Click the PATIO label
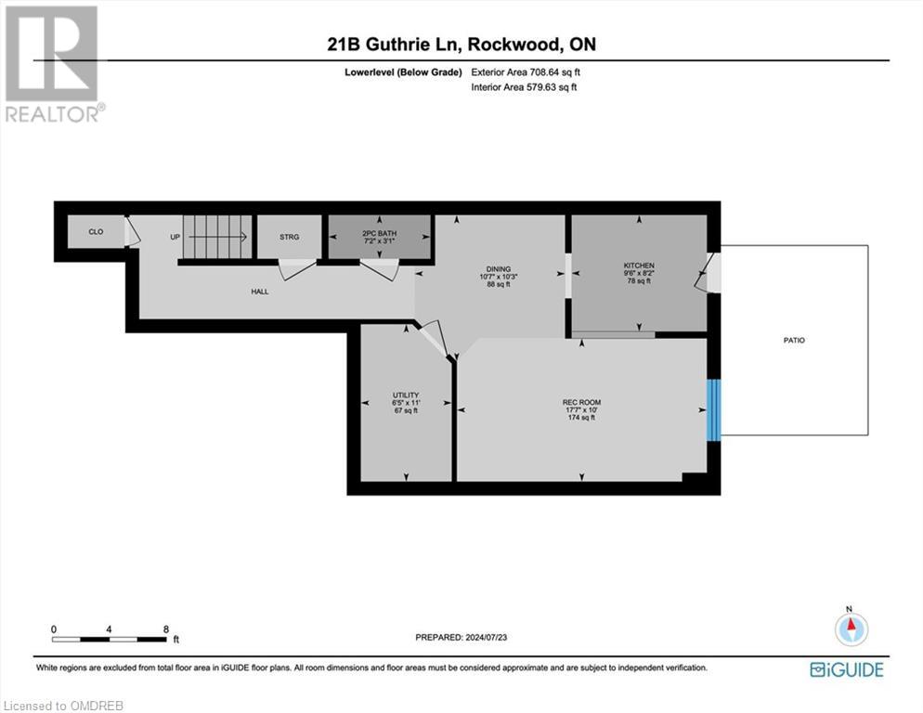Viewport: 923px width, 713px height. pos(793,341)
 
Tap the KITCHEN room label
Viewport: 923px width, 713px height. pos(639,266)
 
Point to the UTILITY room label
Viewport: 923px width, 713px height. pos(406,395)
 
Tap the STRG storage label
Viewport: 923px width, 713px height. pos(290,237)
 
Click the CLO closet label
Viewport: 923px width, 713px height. pos(96,232)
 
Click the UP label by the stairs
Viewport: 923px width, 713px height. pos(175,237)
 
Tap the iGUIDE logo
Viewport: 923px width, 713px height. pos(846,668)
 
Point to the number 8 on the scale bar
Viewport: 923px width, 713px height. pos(165,629)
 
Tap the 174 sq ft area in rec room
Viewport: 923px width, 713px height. pos(581,418)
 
